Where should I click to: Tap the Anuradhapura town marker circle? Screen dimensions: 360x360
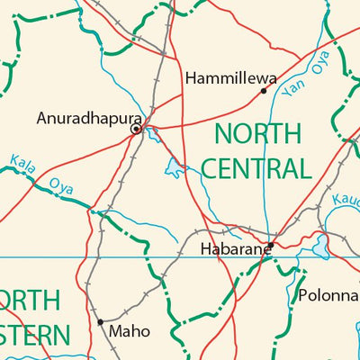click(x=136, y=130)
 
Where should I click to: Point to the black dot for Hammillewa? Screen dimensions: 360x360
click(x=264, y=90)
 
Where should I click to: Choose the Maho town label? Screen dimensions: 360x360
click(x=129, y=331)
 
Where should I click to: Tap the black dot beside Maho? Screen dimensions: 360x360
click(x=100, y=321)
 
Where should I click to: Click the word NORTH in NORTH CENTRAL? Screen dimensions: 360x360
click(x=257, y=135)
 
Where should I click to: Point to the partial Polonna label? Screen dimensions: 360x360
click(x=328, y=295)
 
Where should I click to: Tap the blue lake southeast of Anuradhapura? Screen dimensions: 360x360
click(x=174, y=166)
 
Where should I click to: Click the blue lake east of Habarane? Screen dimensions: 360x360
click(x=320, y=245)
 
